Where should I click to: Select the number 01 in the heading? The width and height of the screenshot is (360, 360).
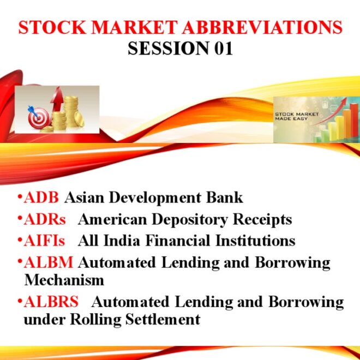221,49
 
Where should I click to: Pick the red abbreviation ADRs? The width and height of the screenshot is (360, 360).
45,219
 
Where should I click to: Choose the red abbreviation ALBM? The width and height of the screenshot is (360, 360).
49,262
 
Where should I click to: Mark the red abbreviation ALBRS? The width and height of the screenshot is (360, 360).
51,302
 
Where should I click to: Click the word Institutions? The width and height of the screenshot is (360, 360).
256,241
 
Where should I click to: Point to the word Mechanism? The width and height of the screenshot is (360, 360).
64,280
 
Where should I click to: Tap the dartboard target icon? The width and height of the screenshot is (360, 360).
35,116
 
